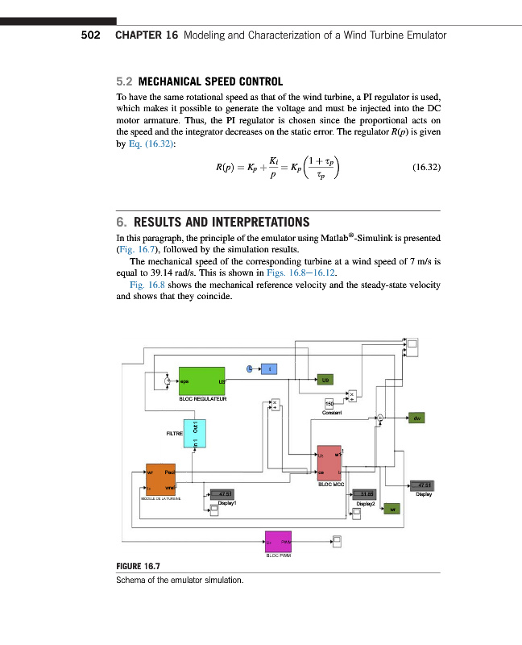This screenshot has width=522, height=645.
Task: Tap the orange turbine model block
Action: point(160,482)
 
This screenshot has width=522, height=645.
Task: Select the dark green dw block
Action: point(416,418)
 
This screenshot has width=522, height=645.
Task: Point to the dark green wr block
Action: point(392,509)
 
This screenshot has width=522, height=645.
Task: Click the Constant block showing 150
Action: point(329,403)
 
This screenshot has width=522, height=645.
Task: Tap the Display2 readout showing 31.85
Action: point(367,494)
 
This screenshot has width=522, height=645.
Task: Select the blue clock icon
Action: point(251,368)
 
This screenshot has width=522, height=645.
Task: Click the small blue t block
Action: point(269,368)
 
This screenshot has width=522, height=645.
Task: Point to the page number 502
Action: point(90,35)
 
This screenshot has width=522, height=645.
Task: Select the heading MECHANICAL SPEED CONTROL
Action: point(210,81)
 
